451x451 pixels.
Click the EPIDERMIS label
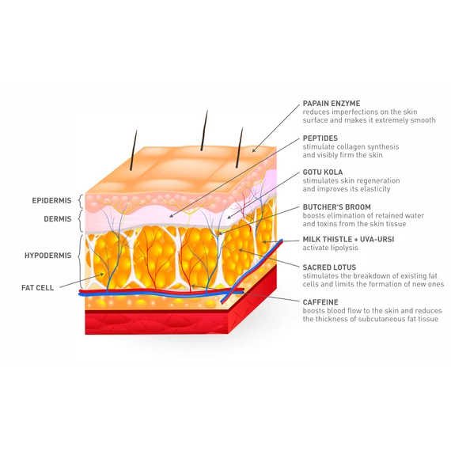pos(51,200)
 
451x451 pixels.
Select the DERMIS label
pos(58,219)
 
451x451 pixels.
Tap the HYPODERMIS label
pos(48,256)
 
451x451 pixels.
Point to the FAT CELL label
pos(38,288)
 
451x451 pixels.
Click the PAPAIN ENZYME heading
pos(332,104)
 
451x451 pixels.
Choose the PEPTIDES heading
pos(320,138)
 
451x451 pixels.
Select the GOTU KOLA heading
pos(323,172)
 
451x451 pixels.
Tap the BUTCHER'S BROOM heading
pos(336,207)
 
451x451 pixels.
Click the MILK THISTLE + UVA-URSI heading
pos(348,239)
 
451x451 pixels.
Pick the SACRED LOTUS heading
pos(329,267)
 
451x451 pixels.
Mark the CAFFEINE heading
pos(320,302)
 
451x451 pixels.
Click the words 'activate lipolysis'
pos(330,248)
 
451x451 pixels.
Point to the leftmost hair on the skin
pos(134,150)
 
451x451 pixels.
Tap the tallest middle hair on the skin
pos(204,131)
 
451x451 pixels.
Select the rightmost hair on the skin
pos(239,147)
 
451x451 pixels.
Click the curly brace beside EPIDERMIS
pos(81,201)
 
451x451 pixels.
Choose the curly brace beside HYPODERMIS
pos(80,262)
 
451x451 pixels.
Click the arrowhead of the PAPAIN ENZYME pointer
pos(254,150)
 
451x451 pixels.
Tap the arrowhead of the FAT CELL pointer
pos(101,275)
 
